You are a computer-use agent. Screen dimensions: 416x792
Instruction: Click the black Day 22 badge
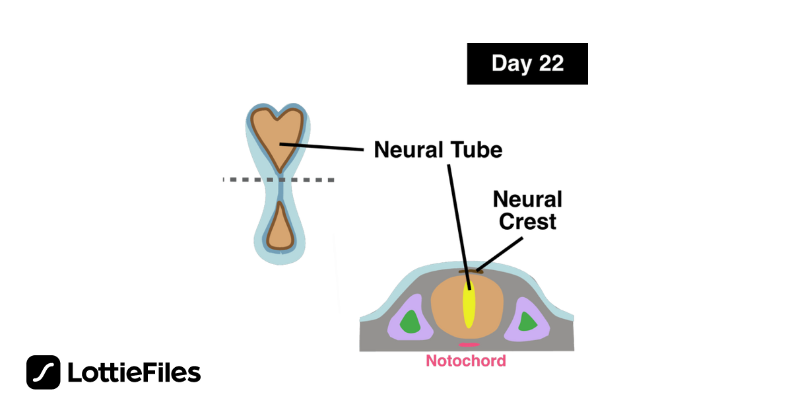coord(527,63)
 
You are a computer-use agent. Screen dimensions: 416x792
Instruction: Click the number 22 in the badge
coord(550,63)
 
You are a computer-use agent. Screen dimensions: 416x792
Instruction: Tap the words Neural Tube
coord(438,150)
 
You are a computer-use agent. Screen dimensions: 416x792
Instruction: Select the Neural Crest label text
coord(527,210)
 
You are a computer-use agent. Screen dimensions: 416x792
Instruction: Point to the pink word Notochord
coord(465,361)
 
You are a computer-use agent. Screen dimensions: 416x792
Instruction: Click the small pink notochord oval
coord(469,345)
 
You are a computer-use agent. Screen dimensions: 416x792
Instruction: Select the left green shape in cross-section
coord(411,322)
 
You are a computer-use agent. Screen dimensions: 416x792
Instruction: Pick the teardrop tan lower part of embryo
coord(280,228)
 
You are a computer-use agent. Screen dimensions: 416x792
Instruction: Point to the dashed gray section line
coord(310,180)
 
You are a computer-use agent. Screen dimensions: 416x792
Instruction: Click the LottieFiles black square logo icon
coord(44,372)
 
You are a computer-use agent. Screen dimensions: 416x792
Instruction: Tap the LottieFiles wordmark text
coord(134,373)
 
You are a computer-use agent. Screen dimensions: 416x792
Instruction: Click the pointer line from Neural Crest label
coord(506,251)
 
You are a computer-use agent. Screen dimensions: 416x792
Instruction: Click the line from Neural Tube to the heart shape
coord(323,147)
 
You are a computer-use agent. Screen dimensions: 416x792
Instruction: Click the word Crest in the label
coord(527,221)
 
